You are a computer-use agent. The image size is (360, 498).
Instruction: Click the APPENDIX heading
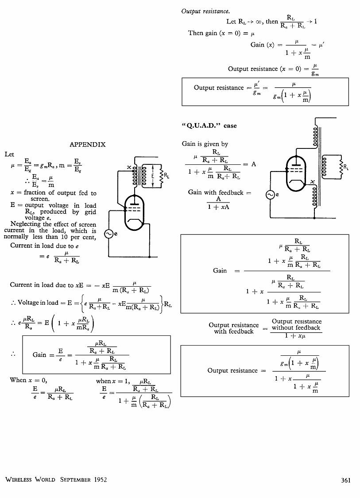tap(87, 144)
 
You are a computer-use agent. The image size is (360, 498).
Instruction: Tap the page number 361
tap(346, 480)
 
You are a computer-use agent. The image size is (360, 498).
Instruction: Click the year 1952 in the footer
tap(101, 479)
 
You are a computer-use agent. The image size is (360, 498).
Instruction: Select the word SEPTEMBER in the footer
tap(75, 479)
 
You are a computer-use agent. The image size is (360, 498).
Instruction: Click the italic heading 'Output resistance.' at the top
tap(205, 12)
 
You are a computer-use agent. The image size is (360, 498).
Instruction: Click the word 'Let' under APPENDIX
tap(9, 154)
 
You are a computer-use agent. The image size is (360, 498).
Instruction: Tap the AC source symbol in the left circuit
tap(108, 234)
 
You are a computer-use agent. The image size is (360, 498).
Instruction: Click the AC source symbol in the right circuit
tap(270, 195)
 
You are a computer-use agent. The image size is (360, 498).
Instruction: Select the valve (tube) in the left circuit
tap(134, 213)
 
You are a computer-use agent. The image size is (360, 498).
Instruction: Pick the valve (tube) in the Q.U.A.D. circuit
tap(296, 174)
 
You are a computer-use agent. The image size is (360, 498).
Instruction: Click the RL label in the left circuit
tap(166, 175)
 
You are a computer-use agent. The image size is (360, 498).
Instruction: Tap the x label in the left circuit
tap(129, 167)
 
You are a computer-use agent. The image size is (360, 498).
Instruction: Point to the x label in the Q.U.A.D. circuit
tap(313, 182)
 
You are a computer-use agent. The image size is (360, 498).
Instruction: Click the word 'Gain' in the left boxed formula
tap(39, 354)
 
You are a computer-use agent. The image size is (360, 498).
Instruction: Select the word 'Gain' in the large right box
tap(220, 271)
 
